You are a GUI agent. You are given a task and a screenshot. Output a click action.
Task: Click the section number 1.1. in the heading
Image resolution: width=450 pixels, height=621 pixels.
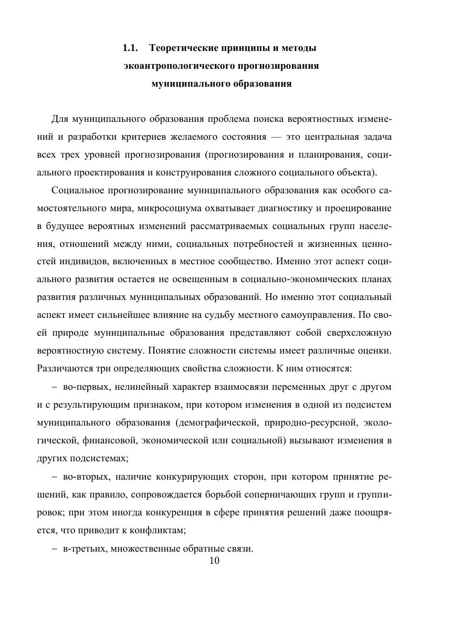pos(130,49)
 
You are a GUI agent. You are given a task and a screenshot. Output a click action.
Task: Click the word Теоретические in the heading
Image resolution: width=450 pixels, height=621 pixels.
pos(183,49)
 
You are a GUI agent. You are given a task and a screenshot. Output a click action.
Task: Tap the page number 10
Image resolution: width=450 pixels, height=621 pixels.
pos(214,561)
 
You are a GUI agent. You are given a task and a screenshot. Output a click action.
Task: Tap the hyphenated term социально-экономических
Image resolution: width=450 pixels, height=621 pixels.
pos(307,280)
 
